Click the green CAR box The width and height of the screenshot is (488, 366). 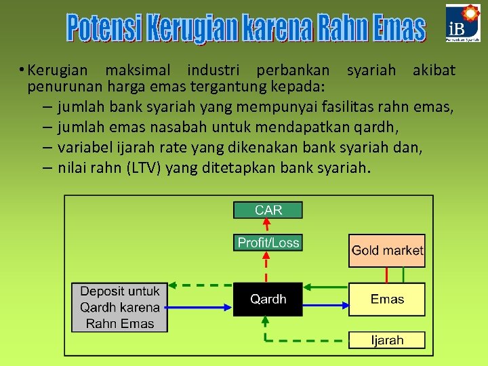(268, 210)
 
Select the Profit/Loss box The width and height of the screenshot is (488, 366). (268, 242)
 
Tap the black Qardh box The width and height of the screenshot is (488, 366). (268, 299)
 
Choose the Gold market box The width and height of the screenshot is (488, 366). (387, 250)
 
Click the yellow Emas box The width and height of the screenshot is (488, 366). (387, 299)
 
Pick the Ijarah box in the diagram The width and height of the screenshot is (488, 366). (387, 340)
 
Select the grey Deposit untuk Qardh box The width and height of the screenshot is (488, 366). (120, 307)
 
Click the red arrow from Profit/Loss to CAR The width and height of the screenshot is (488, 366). (268, 226)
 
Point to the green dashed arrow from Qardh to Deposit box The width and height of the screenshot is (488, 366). (201, 285)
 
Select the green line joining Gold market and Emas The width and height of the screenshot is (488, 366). (403, 274)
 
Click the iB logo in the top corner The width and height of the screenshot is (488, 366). (463, 24)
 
